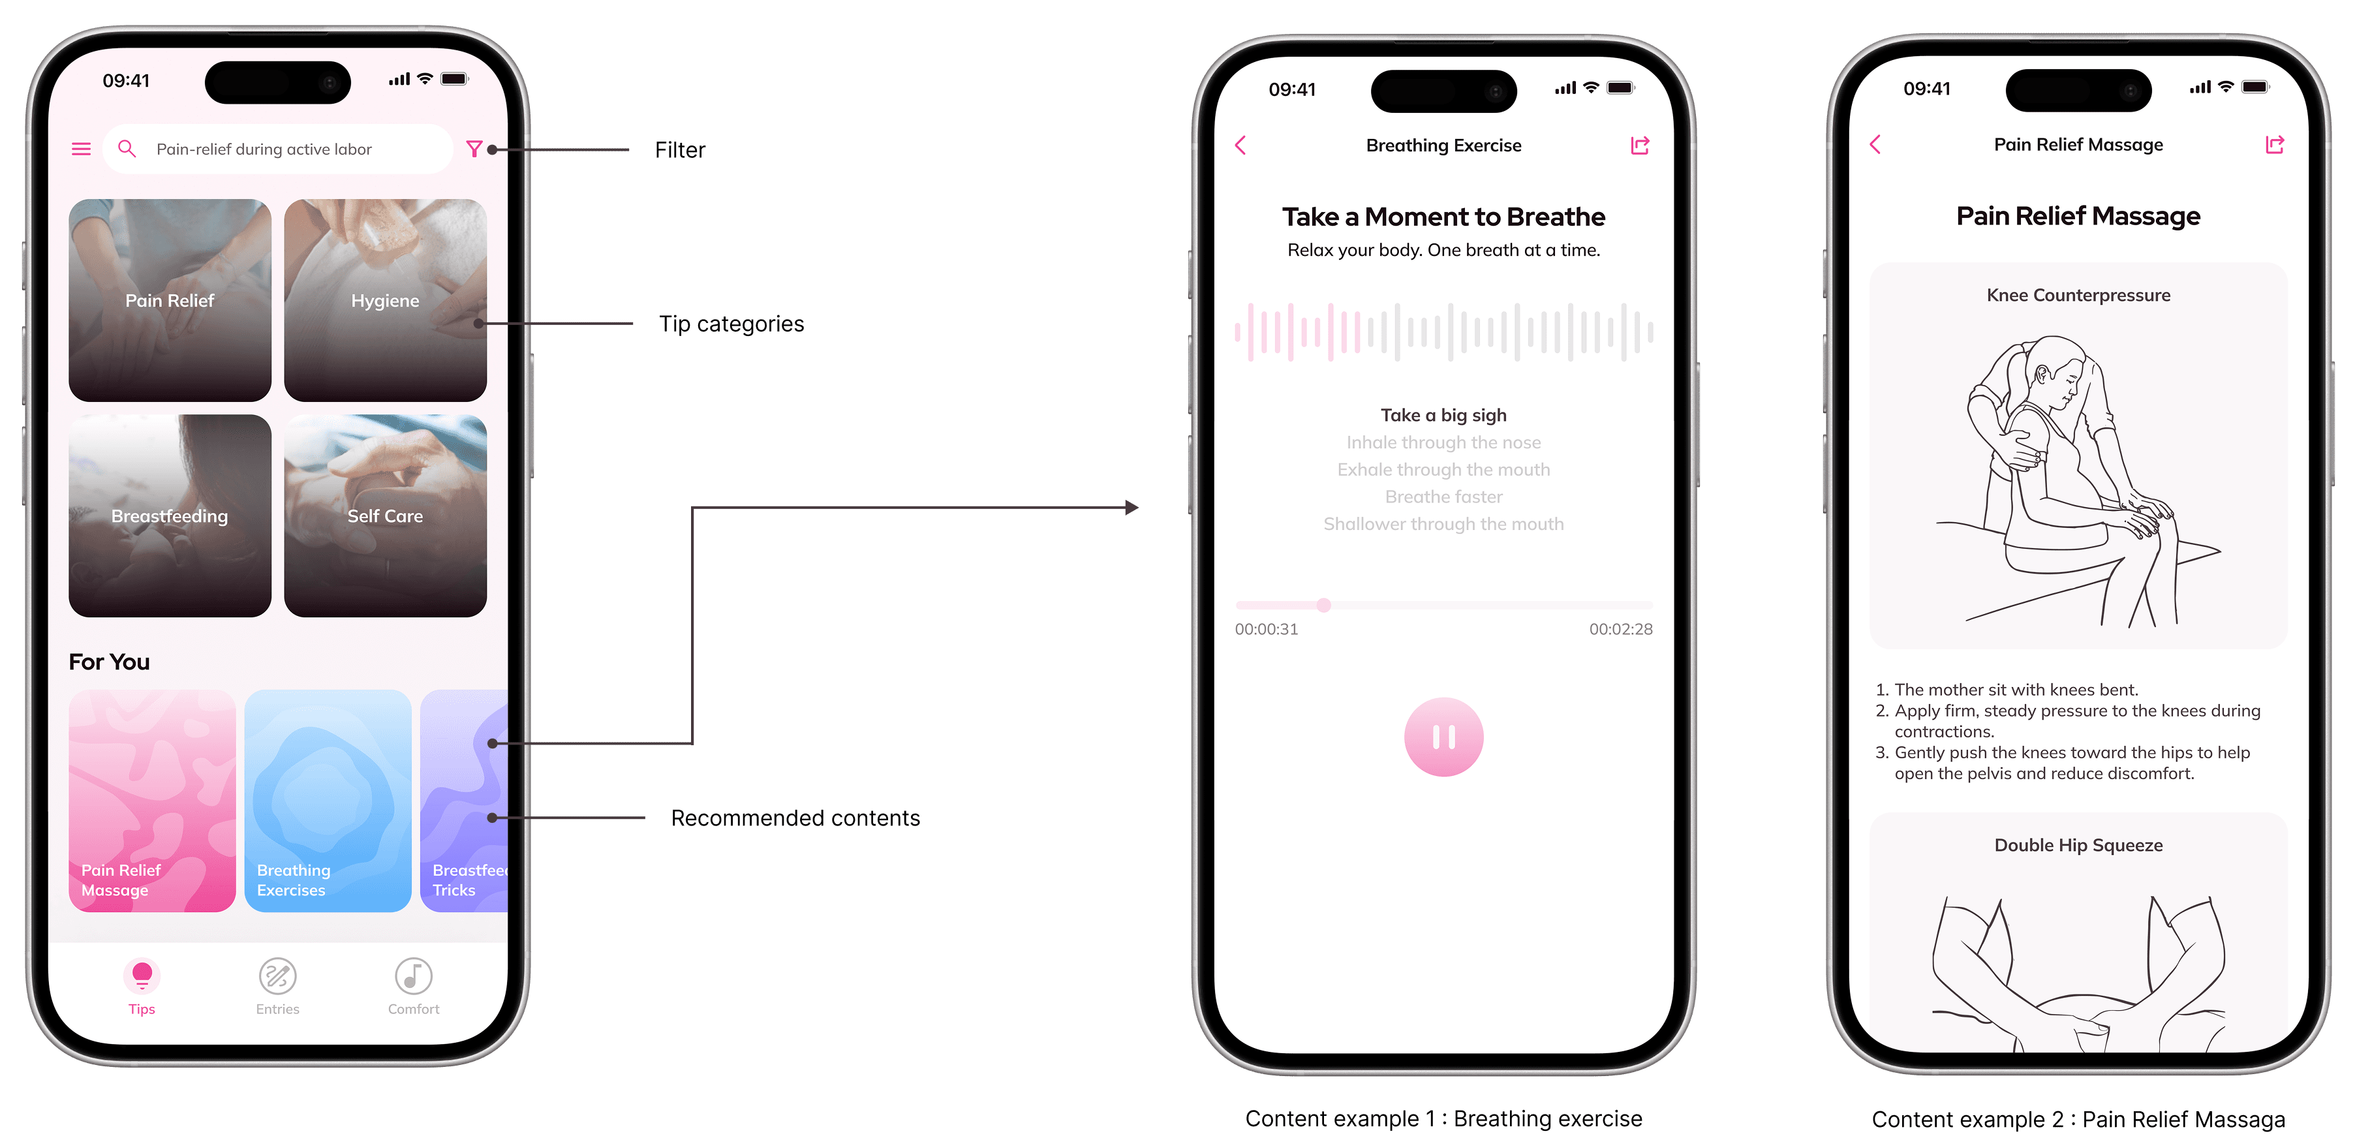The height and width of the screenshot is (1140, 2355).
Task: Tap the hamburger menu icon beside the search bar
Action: [82, 149]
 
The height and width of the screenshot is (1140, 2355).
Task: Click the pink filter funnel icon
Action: [474, 149]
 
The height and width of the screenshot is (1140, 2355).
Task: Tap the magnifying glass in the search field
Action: [127, 149]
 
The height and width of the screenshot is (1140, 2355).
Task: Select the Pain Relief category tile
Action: [170, 300]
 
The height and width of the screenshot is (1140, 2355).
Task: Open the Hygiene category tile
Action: [385, 300]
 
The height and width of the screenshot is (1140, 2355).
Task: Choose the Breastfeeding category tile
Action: [170, 516]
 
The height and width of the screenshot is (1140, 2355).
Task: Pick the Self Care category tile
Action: [385, 516]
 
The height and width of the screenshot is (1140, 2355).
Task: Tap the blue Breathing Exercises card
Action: [328, 801]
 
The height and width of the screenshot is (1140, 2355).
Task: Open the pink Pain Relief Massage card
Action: [152, 801]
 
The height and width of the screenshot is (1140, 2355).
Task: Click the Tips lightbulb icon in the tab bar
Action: [142, 976]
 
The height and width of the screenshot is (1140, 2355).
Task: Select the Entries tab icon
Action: [278, 976]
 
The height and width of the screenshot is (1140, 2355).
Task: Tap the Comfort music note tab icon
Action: [413, 976]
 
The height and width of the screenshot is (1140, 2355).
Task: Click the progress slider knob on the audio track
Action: [1324, 605]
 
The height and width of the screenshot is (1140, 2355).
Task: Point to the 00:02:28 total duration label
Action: [1621, 629]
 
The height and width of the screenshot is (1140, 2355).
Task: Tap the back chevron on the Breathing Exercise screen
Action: [1240, 146]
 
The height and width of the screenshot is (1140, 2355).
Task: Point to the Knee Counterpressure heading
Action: [2078, 296]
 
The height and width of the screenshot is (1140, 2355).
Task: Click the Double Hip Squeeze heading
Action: [2078, 846]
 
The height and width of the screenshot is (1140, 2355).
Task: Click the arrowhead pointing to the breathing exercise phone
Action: [1131, 508]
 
